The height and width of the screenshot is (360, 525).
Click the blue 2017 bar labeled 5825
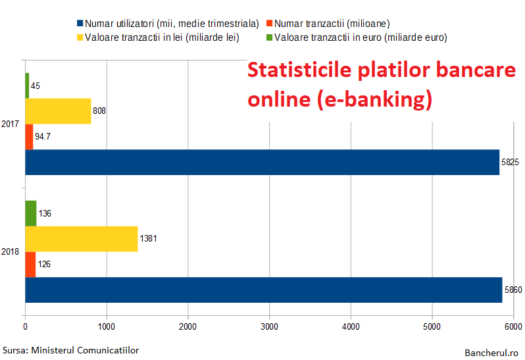(262, 162)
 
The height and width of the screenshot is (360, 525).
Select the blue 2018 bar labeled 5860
(264, 290)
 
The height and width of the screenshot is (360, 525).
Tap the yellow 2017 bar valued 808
(59, 111)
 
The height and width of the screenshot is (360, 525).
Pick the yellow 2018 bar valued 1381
(82, 239)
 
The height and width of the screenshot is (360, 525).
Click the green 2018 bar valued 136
(31, 213)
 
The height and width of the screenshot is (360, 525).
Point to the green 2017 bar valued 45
(27, 86)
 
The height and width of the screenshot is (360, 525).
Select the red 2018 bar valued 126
(30, 264)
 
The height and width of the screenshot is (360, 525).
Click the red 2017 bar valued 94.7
(29, 137)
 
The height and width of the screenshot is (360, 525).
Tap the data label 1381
(148, 238)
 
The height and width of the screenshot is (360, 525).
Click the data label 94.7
(43, 136)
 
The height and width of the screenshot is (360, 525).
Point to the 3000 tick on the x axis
(269, 326)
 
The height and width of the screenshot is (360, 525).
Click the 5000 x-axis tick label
(432, 326)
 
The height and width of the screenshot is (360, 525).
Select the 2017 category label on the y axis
(10, 124)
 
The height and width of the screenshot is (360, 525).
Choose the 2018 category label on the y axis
(10, 251)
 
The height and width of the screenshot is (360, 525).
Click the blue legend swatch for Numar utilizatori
(80, 23)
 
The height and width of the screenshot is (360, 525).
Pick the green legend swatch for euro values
(269, 37)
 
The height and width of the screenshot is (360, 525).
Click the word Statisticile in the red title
(299, 70)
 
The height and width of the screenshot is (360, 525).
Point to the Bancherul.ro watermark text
(491, 353)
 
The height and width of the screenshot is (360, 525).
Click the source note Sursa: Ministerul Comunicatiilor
(70, 350)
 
